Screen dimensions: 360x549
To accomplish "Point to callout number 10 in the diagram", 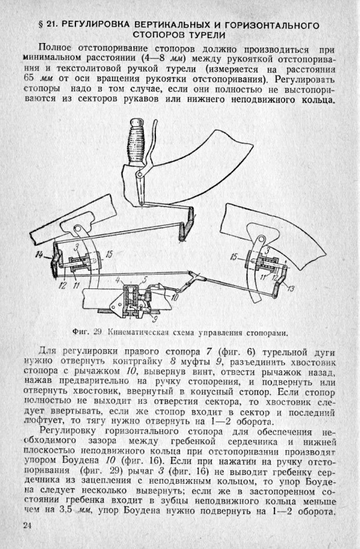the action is pyautogui.click(x=174, y=297).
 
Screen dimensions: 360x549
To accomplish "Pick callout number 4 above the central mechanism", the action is pyautogui.click(x=118, y=280).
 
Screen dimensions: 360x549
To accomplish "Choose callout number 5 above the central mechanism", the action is pyautogui.click(x=145, y=280).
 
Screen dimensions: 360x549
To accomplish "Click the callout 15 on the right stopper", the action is pyautogui.click(x=234, y=257).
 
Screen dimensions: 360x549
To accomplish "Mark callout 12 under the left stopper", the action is pyautogui.click(x=63, y=285).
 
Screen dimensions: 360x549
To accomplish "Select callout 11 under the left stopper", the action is pyautogui.click(x=76, y=285).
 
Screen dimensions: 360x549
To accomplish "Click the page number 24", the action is pyautogui.click(x=27, y=526).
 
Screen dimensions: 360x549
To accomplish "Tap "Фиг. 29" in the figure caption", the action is pyautogui.click(x=87, y=332).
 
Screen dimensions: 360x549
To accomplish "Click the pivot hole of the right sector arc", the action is pyautogui.click(x=260, y=239).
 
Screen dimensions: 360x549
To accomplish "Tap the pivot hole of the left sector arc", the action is pyautogui.click(x=77, y=229).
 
